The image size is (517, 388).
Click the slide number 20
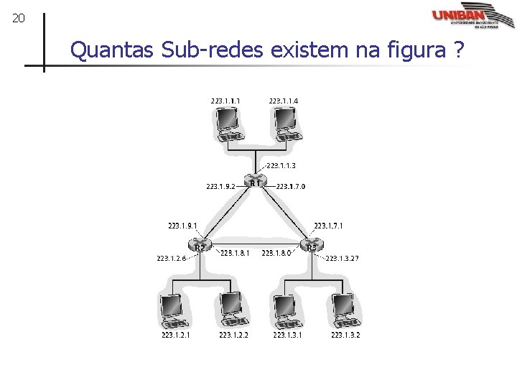(x=19, y=18)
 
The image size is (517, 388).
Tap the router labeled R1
(x=255, y=183)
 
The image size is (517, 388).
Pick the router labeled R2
(x=199, y=247)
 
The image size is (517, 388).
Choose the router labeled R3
(x=311, y=247)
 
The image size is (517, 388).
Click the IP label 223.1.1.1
(x=225, y=101)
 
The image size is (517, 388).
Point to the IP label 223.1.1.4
(x=283, y=101)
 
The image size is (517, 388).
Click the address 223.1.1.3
(x=281, y=166)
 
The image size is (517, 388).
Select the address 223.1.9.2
(x=220, y=187)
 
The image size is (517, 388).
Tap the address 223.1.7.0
(x=290, y=187)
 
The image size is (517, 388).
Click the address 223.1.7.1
(x=328, y=226)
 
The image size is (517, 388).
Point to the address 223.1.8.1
(x=235, y=253)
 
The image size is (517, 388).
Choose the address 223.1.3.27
(x=343, y=259)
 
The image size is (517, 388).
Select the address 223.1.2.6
(x=172, y=259)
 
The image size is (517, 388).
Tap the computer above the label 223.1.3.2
(x=344, y=310)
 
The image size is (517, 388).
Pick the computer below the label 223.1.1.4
(x=285, y=122)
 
